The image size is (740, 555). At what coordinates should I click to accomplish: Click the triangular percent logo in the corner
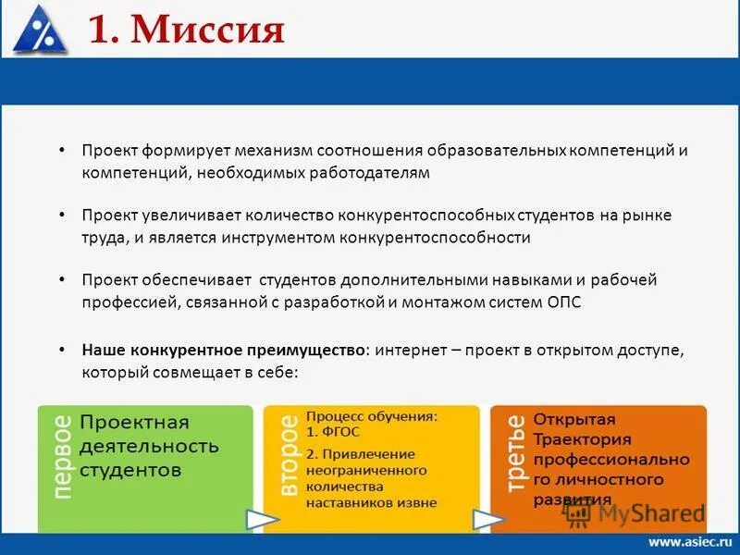[x=40, y=29]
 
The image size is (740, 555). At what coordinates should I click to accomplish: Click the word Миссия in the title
[x=208, y=30]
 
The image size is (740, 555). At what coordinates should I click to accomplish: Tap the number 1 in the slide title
[x=100, y=30]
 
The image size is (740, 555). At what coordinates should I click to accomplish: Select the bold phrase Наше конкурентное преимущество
[x=223, y=351]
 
